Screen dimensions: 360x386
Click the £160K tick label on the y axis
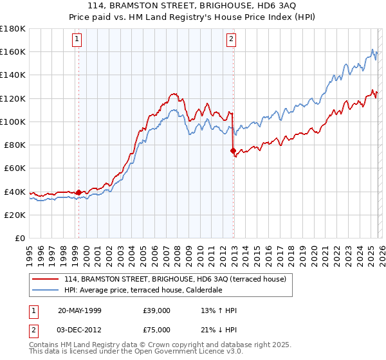(13, 51)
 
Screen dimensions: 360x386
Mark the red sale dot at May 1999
(78, 192)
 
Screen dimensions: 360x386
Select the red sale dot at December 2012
(233, 150)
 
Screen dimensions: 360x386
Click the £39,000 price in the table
(157, 310)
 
